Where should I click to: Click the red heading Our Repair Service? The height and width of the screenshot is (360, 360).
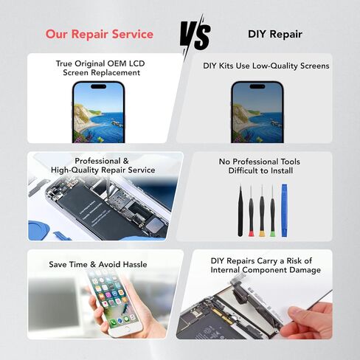click(x=100, y=34)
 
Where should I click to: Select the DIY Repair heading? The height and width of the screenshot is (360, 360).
click(x=275, y=34)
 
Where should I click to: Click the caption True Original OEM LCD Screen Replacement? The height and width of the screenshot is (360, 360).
click(x=100, y=68)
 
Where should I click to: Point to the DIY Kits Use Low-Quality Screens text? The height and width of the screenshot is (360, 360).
click(x=266, y=66)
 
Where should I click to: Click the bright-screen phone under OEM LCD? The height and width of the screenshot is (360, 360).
click(x=98, y=112)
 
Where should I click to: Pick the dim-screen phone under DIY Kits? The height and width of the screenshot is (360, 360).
click(x=257, y=112)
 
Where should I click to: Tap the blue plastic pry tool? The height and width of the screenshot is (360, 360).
click(x=284, y=210)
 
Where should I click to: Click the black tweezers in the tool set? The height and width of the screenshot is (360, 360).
click(x=240, y=211)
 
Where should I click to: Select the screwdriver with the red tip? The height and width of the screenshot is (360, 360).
click(x=251, y=211)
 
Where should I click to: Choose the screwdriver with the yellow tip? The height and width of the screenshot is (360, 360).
click(x=262, y=211)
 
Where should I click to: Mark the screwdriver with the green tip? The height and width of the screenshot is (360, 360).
click(x=272, y=211)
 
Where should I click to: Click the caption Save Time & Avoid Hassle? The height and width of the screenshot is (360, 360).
click(x=98, y=264)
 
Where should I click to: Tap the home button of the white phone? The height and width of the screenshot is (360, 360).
click(x=126, y=329)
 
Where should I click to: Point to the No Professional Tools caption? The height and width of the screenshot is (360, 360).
click(x=260, y=162)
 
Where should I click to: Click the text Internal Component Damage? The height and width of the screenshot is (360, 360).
click(x=266, y=270)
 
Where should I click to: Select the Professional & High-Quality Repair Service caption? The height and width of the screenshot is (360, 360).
click(x=103, y=165)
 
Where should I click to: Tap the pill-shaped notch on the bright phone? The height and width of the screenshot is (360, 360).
click(x=98, y=86)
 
